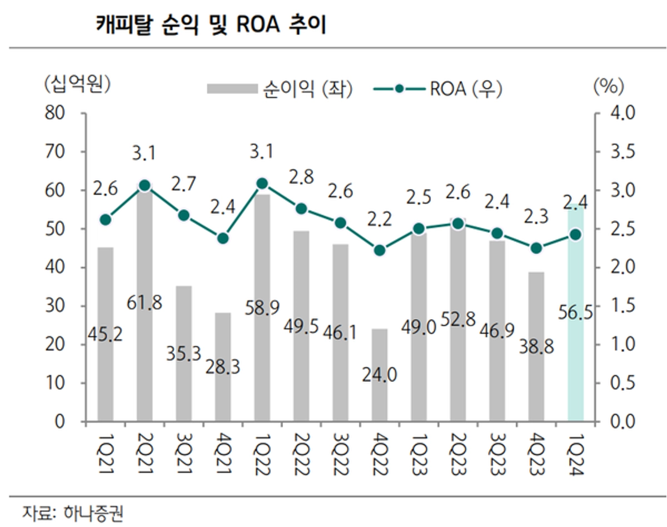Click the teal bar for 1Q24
[575, 334]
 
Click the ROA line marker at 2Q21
[145, 186]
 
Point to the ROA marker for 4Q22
[380, 250]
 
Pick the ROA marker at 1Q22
[262, 183]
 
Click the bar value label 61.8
[145, 304]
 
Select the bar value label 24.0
[380, 376]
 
